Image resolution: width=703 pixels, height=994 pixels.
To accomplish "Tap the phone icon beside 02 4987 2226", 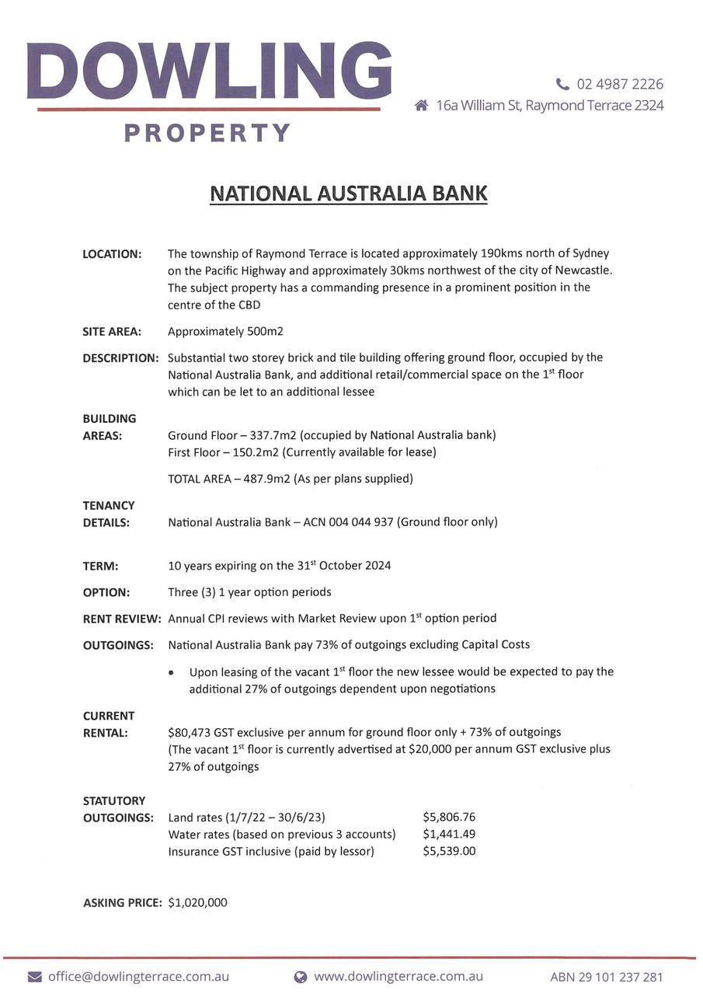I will (562, 84).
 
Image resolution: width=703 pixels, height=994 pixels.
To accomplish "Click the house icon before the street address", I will (421, 105).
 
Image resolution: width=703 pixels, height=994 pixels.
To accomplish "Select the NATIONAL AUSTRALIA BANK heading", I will (349, 193).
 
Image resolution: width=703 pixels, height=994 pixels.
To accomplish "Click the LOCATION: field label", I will (112, 254).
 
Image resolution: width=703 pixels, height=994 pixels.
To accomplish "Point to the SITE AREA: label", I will (112, 332).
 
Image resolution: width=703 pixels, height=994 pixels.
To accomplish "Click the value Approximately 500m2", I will (225, 332).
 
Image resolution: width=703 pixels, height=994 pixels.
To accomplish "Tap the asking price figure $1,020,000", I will (197, 902).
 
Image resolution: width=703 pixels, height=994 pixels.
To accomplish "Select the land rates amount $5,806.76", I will (449, 817).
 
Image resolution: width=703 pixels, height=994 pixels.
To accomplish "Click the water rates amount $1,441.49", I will (449, 834).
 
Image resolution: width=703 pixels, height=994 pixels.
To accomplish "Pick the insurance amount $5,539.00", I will (449, 851).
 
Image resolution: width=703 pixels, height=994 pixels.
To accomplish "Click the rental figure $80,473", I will (190, 732).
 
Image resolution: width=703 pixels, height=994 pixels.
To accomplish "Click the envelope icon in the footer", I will (35, 977).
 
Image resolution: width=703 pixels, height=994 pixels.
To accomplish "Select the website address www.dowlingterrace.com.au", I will (398, 977).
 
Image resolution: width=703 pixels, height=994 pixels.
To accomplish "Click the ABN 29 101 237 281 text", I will (607, 978).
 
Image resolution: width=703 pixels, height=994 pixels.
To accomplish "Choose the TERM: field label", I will (100, 566).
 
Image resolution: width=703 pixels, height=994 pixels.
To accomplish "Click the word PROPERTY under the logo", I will (207, 134).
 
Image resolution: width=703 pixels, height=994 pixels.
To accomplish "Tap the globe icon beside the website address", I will (301, 977).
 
